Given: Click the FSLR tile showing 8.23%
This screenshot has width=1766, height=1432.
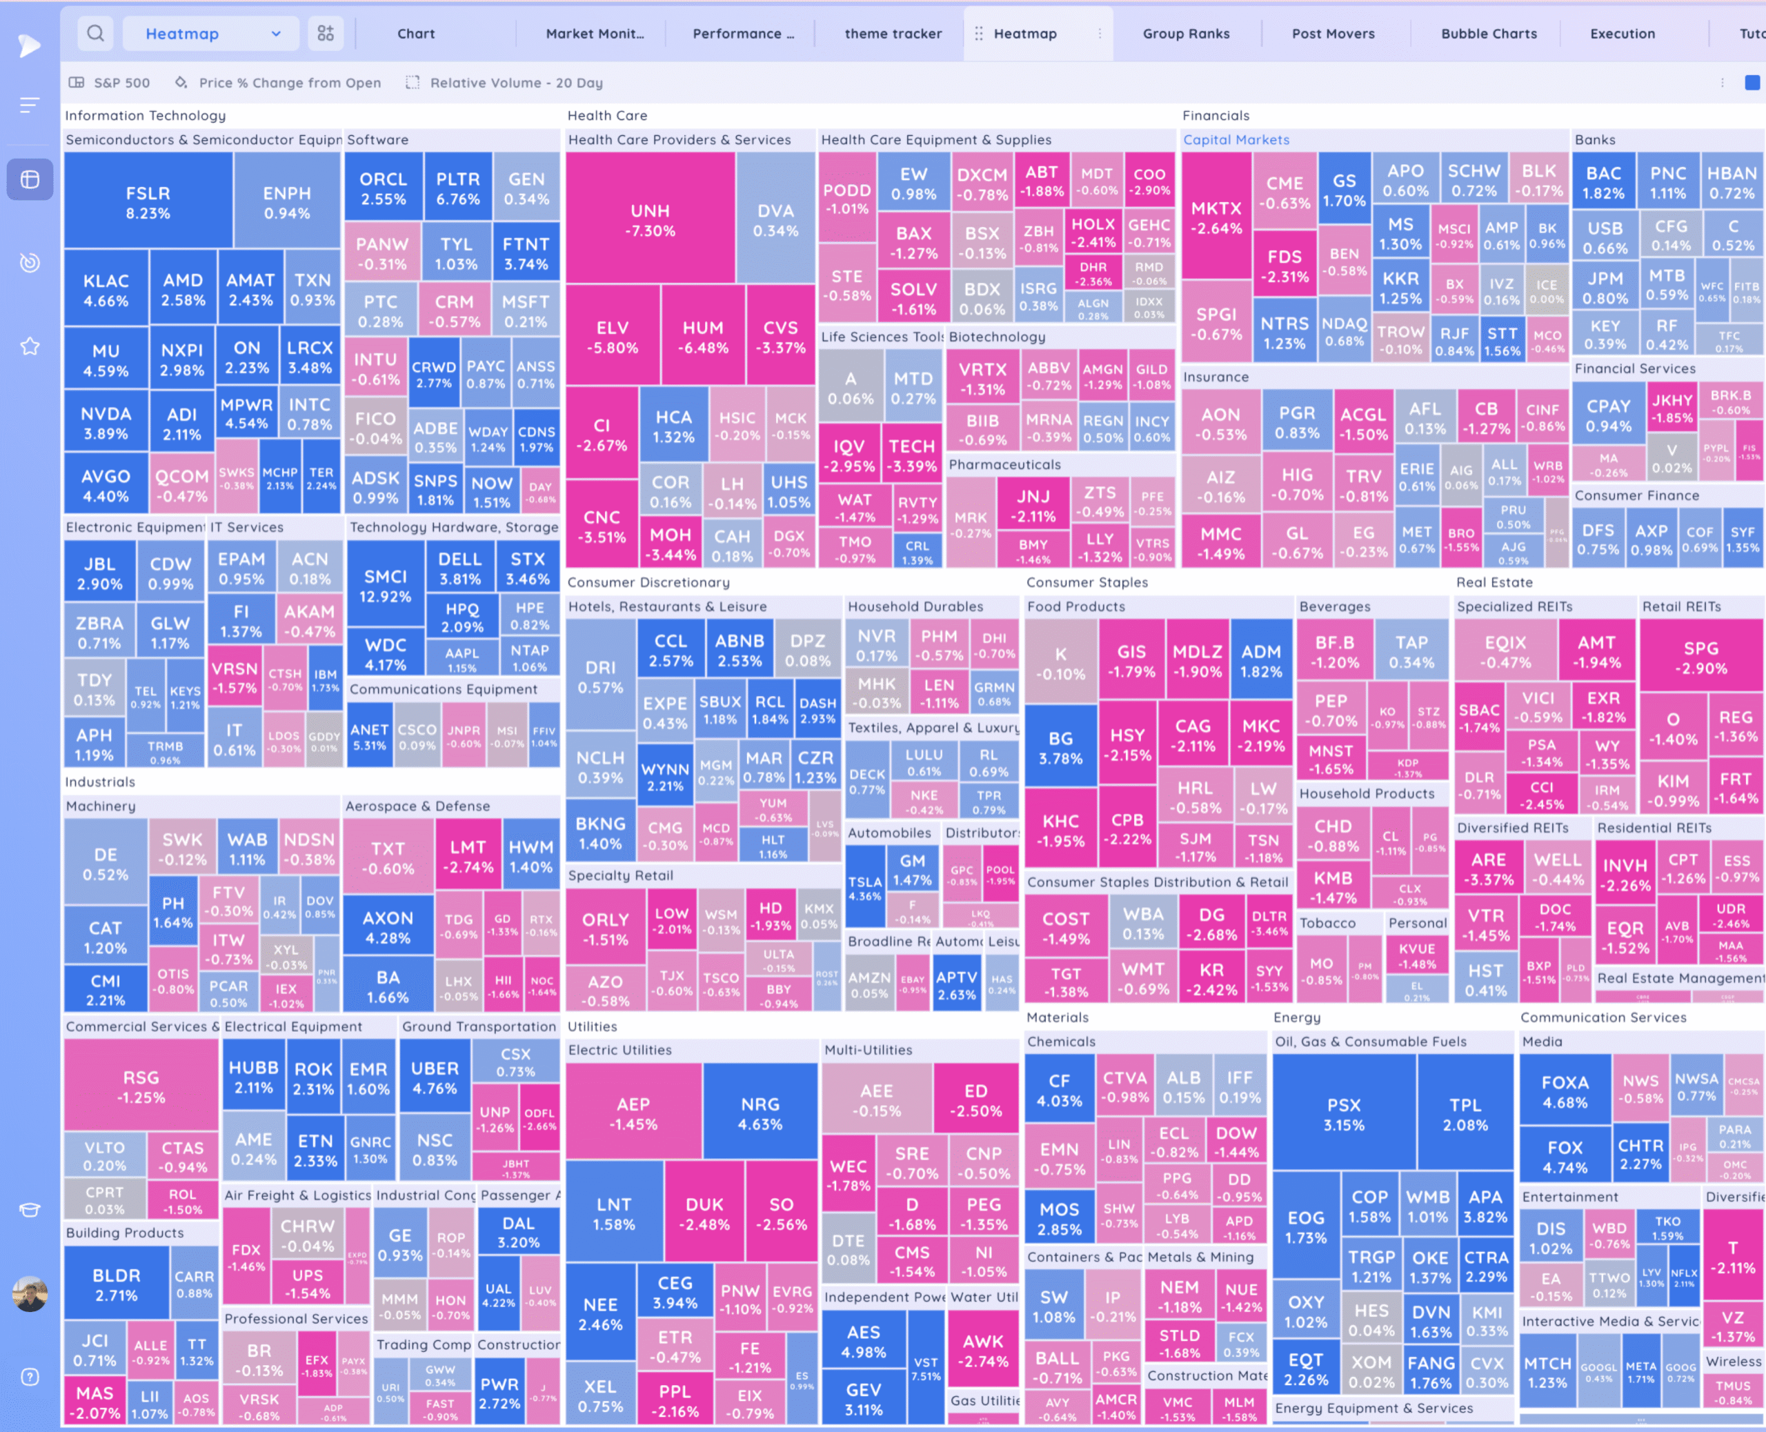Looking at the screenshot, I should [148, 202].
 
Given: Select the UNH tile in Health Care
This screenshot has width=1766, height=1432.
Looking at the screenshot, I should [650, 219].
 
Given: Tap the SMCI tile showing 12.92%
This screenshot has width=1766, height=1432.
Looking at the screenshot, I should [385, 585].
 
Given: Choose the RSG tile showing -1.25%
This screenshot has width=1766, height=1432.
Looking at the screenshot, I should [141, 1086].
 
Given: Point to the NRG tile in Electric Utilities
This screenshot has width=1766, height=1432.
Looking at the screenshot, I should [760, 1113].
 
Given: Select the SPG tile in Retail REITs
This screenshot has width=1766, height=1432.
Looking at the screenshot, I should [1701, 657].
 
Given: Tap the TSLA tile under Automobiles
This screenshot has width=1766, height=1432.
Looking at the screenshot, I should [864, 888].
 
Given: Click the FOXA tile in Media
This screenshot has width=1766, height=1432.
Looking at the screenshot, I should [1565, 1091].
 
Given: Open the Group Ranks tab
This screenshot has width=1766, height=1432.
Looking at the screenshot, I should [1185, 34].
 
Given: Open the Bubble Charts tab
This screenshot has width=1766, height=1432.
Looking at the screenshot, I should [1488, 34].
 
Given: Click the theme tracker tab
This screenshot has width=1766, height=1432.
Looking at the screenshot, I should [893, 34].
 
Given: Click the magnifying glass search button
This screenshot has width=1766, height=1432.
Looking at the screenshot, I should [96, 34].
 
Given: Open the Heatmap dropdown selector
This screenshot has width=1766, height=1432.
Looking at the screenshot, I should [212, 34].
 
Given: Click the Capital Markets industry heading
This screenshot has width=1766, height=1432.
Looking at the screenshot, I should [1236, 139].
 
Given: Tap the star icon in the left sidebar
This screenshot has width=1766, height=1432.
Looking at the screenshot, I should [30, 346].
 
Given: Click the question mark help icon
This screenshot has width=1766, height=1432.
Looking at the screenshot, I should [30, 1377].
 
